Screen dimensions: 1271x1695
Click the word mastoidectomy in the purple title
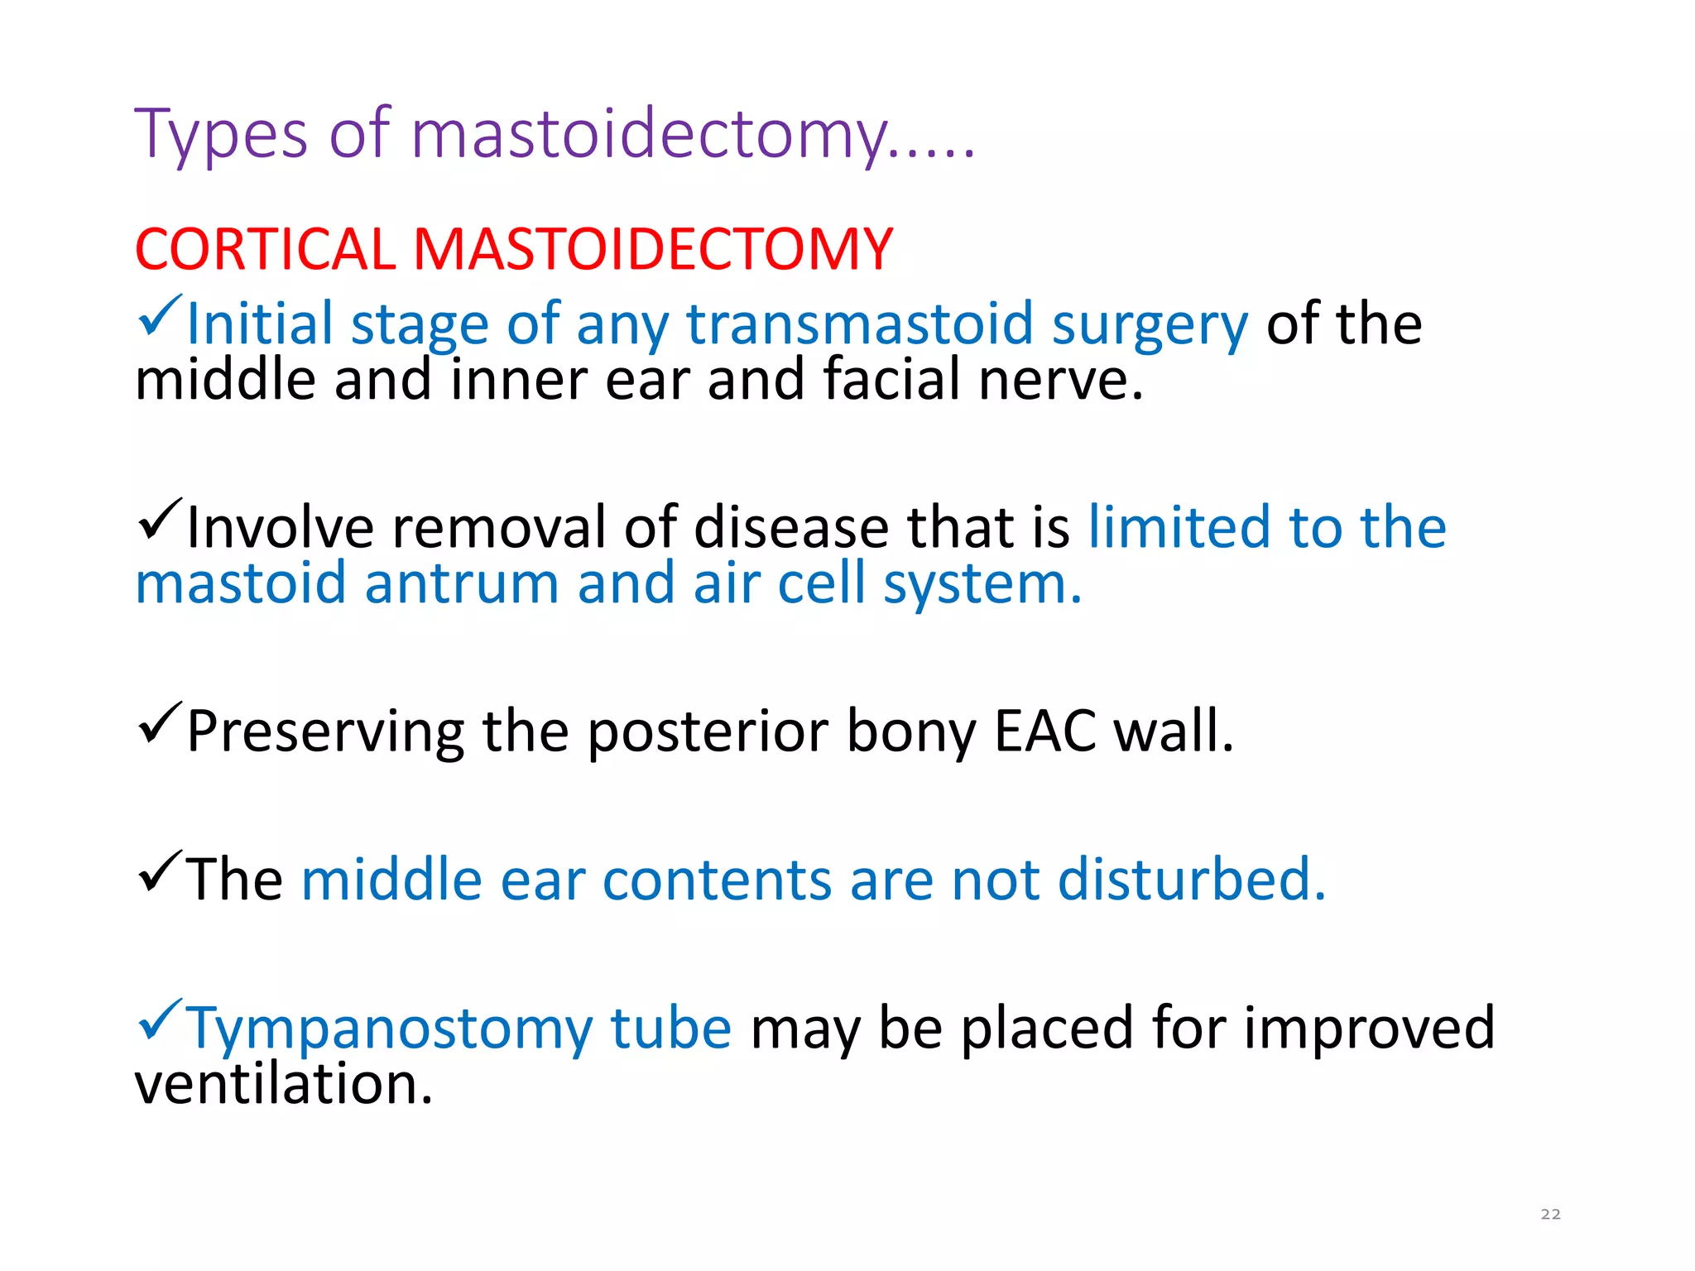pyautogui.click(x=650, y=134)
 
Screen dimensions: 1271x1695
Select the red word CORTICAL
pyautogui.click(x=265, y=249)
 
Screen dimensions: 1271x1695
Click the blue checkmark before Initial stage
pyautogui.click(x=159, y=316)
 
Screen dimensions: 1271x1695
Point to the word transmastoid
pyautogui.click(x=860, y=324)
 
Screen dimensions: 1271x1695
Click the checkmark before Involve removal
pyautogui.click(x=159, y=520)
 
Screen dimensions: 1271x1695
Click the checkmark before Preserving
pyautogui.click(x=159, y=723)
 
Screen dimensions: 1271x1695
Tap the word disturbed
pyautogui.click(x=1192, y=879)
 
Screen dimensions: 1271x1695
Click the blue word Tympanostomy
pyautogui.click(x=459, y=1029)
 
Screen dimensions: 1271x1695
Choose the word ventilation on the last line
pyautogui.click(x=283, y=1084)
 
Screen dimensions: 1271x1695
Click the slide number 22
pyautogui.click(x=1550, y=1214)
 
